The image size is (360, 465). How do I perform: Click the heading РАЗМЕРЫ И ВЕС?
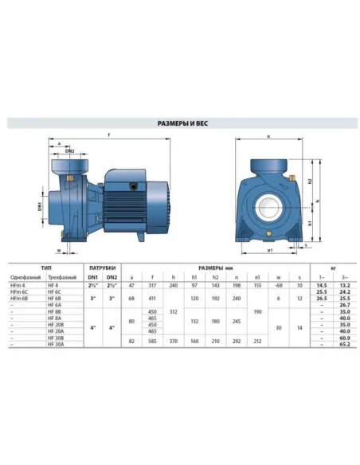tap(179, 124)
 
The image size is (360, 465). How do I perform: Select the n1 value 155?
tap(257, 284)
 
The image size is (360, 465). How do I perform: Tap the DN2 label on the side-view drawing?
tap(70, 150)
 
